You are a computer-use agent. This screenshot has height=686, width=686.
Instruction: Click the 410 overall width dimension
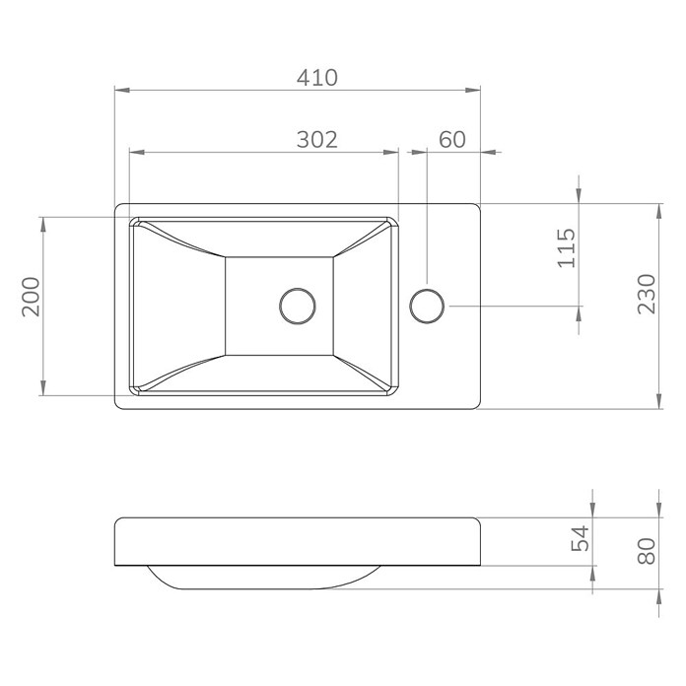click(317, 78)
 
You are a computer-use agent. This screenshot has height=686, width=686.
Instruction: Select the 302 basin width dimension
click(317, 140)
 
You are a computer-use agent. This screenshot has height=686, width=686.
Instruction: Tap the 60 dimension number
click(452, 140)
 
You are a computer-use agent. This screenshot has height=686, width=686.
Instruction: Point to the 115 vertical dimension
click(567, 247)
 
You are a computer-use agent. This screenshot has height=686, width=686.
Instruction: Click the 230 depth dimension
click(647, 294)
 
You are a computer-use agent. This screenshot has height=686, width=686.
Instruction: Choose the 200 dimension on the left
click(31, 297)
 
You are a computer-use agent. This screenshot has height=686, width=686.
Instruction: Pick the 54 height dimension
click(581, 538)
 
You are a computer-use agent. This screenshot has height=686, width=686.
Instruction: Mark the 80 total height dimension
click(647, 551)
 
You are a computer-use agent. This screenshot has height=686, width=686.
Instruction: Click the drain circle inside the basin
click(298, 306)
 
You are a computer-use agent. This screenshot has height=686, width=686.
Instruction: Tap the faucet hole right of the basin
click(427, 306)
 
